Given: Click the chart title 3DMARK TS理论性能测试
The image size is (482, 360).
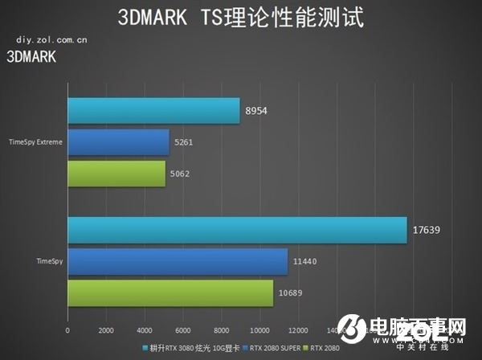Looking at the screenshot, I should click(x=240, y=16).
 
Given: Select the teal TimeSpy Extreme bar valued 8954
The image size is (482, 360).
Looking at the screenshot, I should click(x=153, y=112).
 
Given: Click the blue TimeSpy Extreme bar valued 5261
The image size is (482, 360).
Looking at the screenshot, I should click(x=118, y=142).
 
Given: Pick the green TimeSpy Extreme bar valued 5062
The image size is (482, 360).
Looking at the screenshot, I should click(x=116, y=174).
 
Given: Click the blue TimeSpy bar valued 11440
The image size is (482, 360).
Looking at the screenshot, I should click(x=178, y=261).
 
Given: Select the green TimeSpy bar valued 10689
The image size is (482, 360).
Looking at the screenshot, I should click(x=170, y=292).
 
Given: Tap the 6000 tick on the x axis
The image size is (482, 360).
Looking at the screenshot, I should click(x=183, y=330).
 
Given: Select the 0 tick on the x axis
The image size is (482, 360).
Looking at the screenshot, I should click(x=67, y=330).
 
